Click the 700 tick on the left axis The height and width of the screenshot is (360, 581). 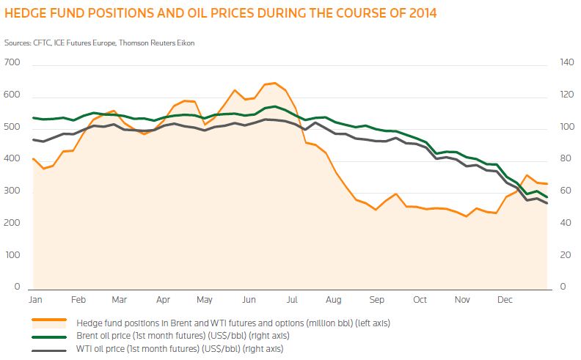[x=13, y=65]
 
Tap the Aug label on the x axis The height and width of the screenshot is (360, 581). [x=335, y=300]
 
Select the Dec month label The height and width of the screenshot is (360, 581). [x=505, y=300]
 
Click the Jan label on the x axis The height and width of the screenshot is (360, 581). [x=34, y=300]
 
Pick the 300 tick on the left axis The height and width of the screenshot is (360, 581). [x=13, y=192]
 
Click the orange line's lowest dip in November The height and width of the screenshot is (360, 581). [x=466, y=216]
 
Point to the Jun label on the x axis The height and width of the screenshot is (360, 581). [x=249, y=300]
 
